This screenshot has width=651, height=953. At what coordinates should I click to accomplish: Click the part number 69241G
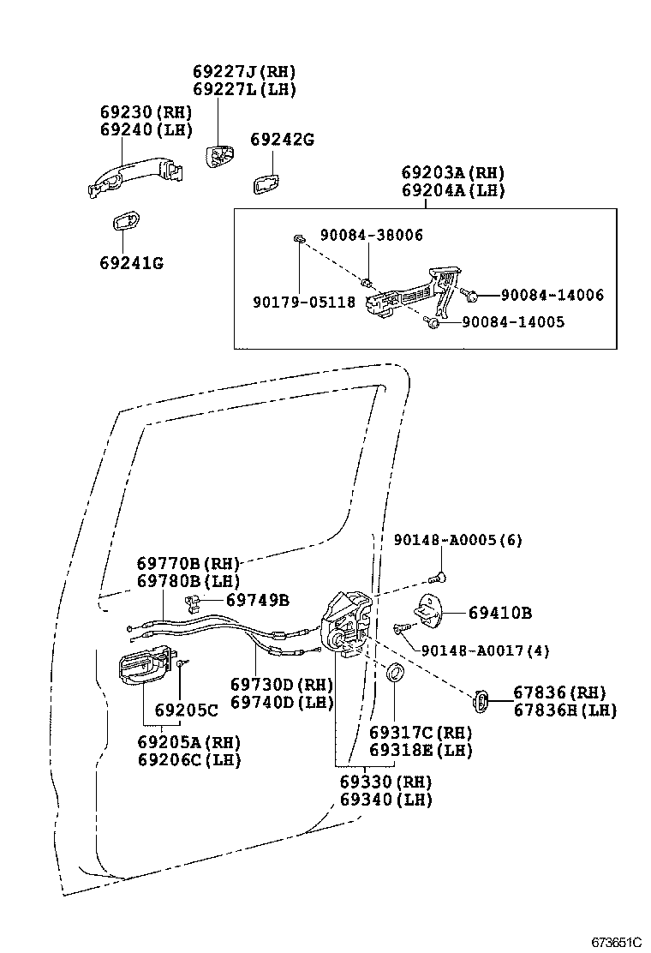tap(131, 262)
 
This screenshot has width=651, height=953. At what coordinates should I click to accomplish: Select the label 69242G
tap(282, 139)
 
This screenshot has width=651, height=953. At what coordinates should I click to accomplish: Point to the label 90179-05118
tap(304, 302)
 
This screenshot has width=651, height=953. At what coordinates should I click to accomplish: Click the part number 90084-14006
tap(552, 295)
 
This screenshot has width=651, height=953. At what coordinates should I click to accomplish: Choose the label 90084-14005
tap(513, 322)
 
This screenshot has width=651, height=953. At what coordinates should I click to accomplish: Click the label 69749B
tap(258, 599)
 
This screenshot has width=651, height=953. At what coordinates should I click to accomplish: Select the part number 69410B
tap(500, 613)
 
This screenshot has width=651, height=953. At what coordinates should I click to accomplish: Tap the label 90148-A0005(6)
tap(458, 540)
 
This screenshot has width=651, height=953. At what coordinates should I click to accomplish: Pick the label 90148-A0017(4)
tap(486, 650)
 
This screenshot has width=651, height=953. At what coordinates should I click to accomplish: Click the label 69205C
tap(187, 710)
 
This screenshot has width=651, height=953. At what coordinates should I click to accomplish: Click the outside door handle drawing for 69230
tap(137, 178)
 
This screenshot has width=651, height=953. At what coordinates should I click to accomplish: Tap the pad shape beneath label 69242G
tap(266, 183)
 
